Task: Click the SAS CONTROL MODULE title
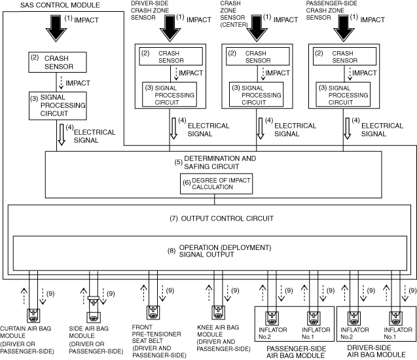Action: click(x=39, y=5)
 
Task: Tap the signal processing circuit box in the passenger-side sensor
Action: click(x=344, y=94)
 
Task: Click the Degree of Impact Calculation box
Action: click(x=208, y=184)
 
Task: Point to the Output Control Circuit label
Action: click(x=208, y=218)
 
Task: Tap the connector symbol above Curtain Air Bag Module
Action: click(x=32, y=315)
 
